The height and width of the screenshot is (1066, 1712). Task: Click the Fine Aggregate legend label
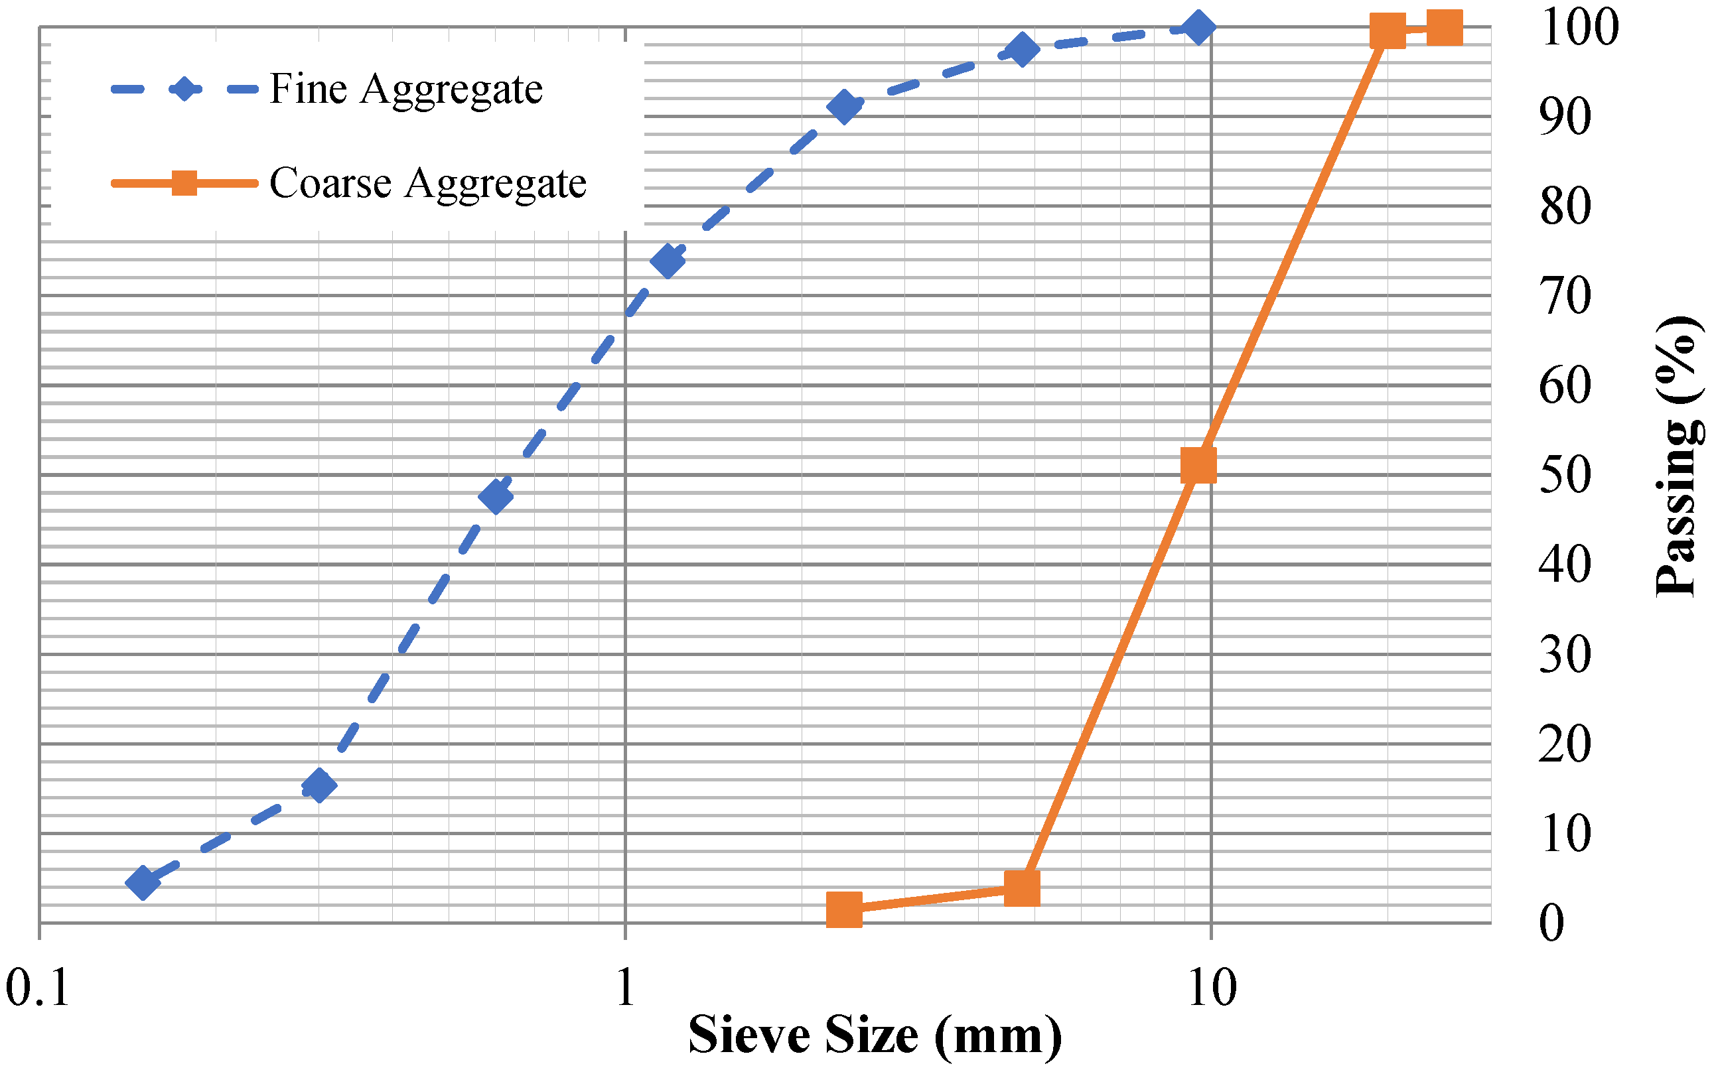point(406,90)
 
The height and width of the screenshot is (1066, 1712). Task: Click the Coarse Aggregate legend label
point(427,184)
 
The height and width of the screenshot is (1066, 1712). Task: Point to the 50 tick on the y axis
point(1565,475)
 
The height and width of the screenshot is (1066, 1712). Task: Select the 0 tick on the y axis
point(1552,923)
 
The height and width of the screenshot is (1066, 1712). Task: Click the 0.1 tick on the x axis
point(38,988)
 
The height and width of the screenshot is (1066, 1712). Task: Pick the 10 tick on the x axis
point(1212,988)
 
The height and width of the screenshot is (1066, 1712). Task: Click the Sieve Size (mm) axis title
point(875,1035)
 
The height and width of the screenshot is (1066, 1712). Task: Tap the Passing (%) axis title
point(1678,456)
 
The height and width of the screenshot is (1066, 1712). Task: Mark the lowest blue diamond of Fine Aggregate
point(143,883)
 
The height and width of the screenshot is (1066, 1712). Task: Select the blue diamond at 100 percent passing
point(1198,27)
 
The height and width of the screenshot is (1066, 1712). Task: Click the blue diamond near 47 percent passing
point(496,496)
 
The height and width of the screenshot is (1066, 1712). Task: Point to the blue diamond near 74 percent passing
point(668,261)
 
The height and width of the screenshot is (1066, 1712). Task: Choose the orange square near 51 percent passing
point(1198,465)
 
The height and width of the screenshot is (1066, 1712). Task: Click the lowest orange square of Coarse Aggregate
point(844,909)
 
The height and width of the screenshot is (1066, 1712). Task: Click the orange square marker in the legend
point(184,183)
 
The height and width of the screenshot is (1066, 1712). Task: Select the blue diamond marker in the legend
point(184,90)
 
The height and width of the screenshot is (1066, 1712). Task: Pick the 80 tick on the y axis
point(1565,206)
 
